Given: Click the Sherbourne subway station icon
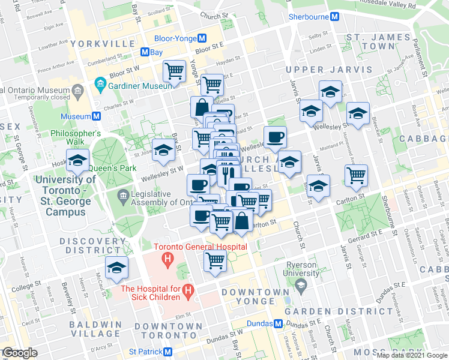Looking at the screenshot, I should [x=333, y=17].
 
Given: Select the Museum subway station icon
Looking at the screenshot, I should [x=96, y=116].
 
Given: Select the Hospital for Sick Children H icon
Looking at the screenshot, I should [x=188, y=292].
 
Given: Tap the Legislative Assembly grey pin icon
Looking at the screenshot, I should [x=124, y=195].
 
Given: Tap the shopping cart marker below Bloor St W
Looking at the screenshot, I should [x=174, y=71].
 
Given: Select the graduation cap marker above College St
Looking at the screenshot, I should [x=116, y=268].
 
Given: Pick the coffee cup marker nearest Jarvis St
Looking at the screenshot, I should [x=276, y=137].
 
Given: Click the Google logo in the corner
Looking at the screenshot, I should [x=20, y=353].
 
